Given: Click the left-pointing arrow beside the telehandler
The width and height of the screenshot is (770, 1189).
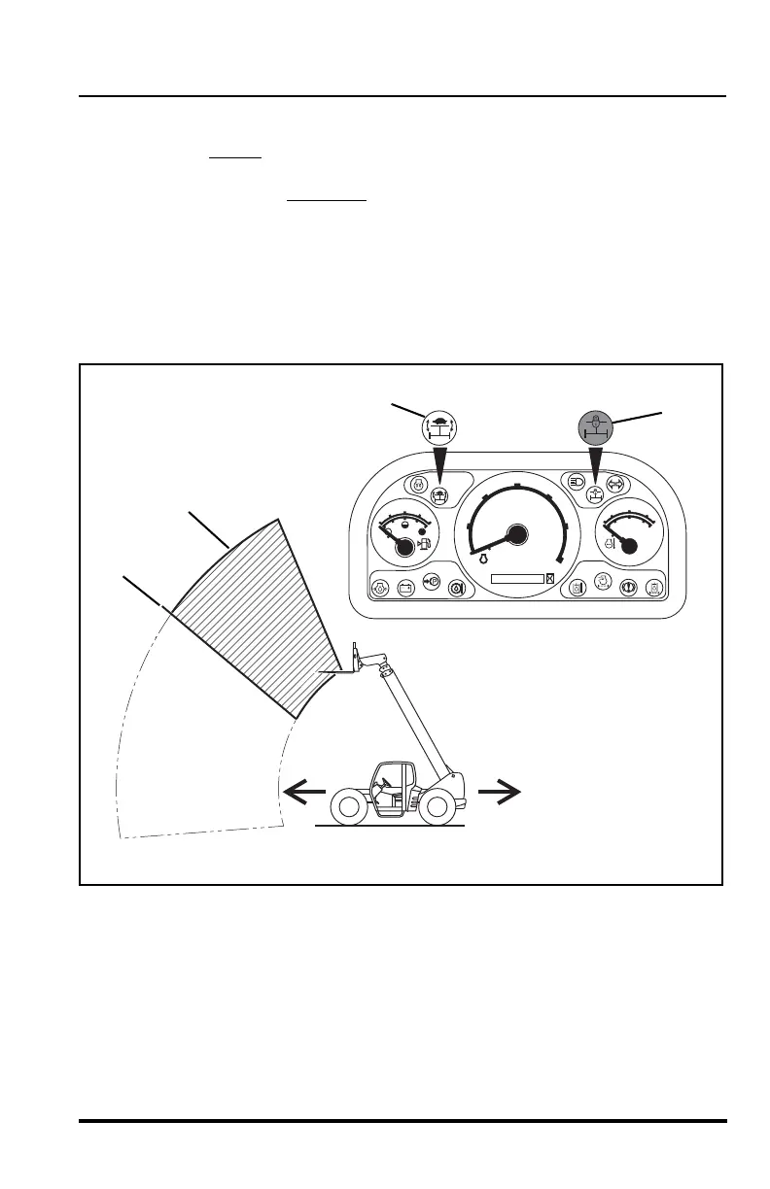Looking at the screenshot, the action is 303,793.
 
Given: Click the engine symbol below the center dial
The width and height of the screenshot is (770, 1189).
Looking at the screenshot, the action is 480,560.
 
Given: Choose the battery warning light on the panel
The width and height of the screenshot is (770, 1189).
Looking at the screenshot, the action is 406,587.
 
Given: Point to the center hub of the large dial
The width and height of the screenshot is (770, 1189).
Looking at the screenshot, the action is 516,534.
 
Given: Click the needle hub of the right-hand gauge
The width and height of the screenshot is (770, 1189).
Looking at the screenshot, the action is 629,546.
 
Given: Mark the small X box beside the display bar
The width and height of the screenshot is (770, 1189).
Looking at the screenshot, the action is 550,579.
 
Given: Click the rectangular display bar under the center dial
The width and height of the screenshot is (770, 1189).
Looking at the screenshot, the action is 517,579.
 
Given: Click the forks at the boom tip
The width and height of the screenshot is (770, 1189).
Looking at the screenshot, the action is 336,668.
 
